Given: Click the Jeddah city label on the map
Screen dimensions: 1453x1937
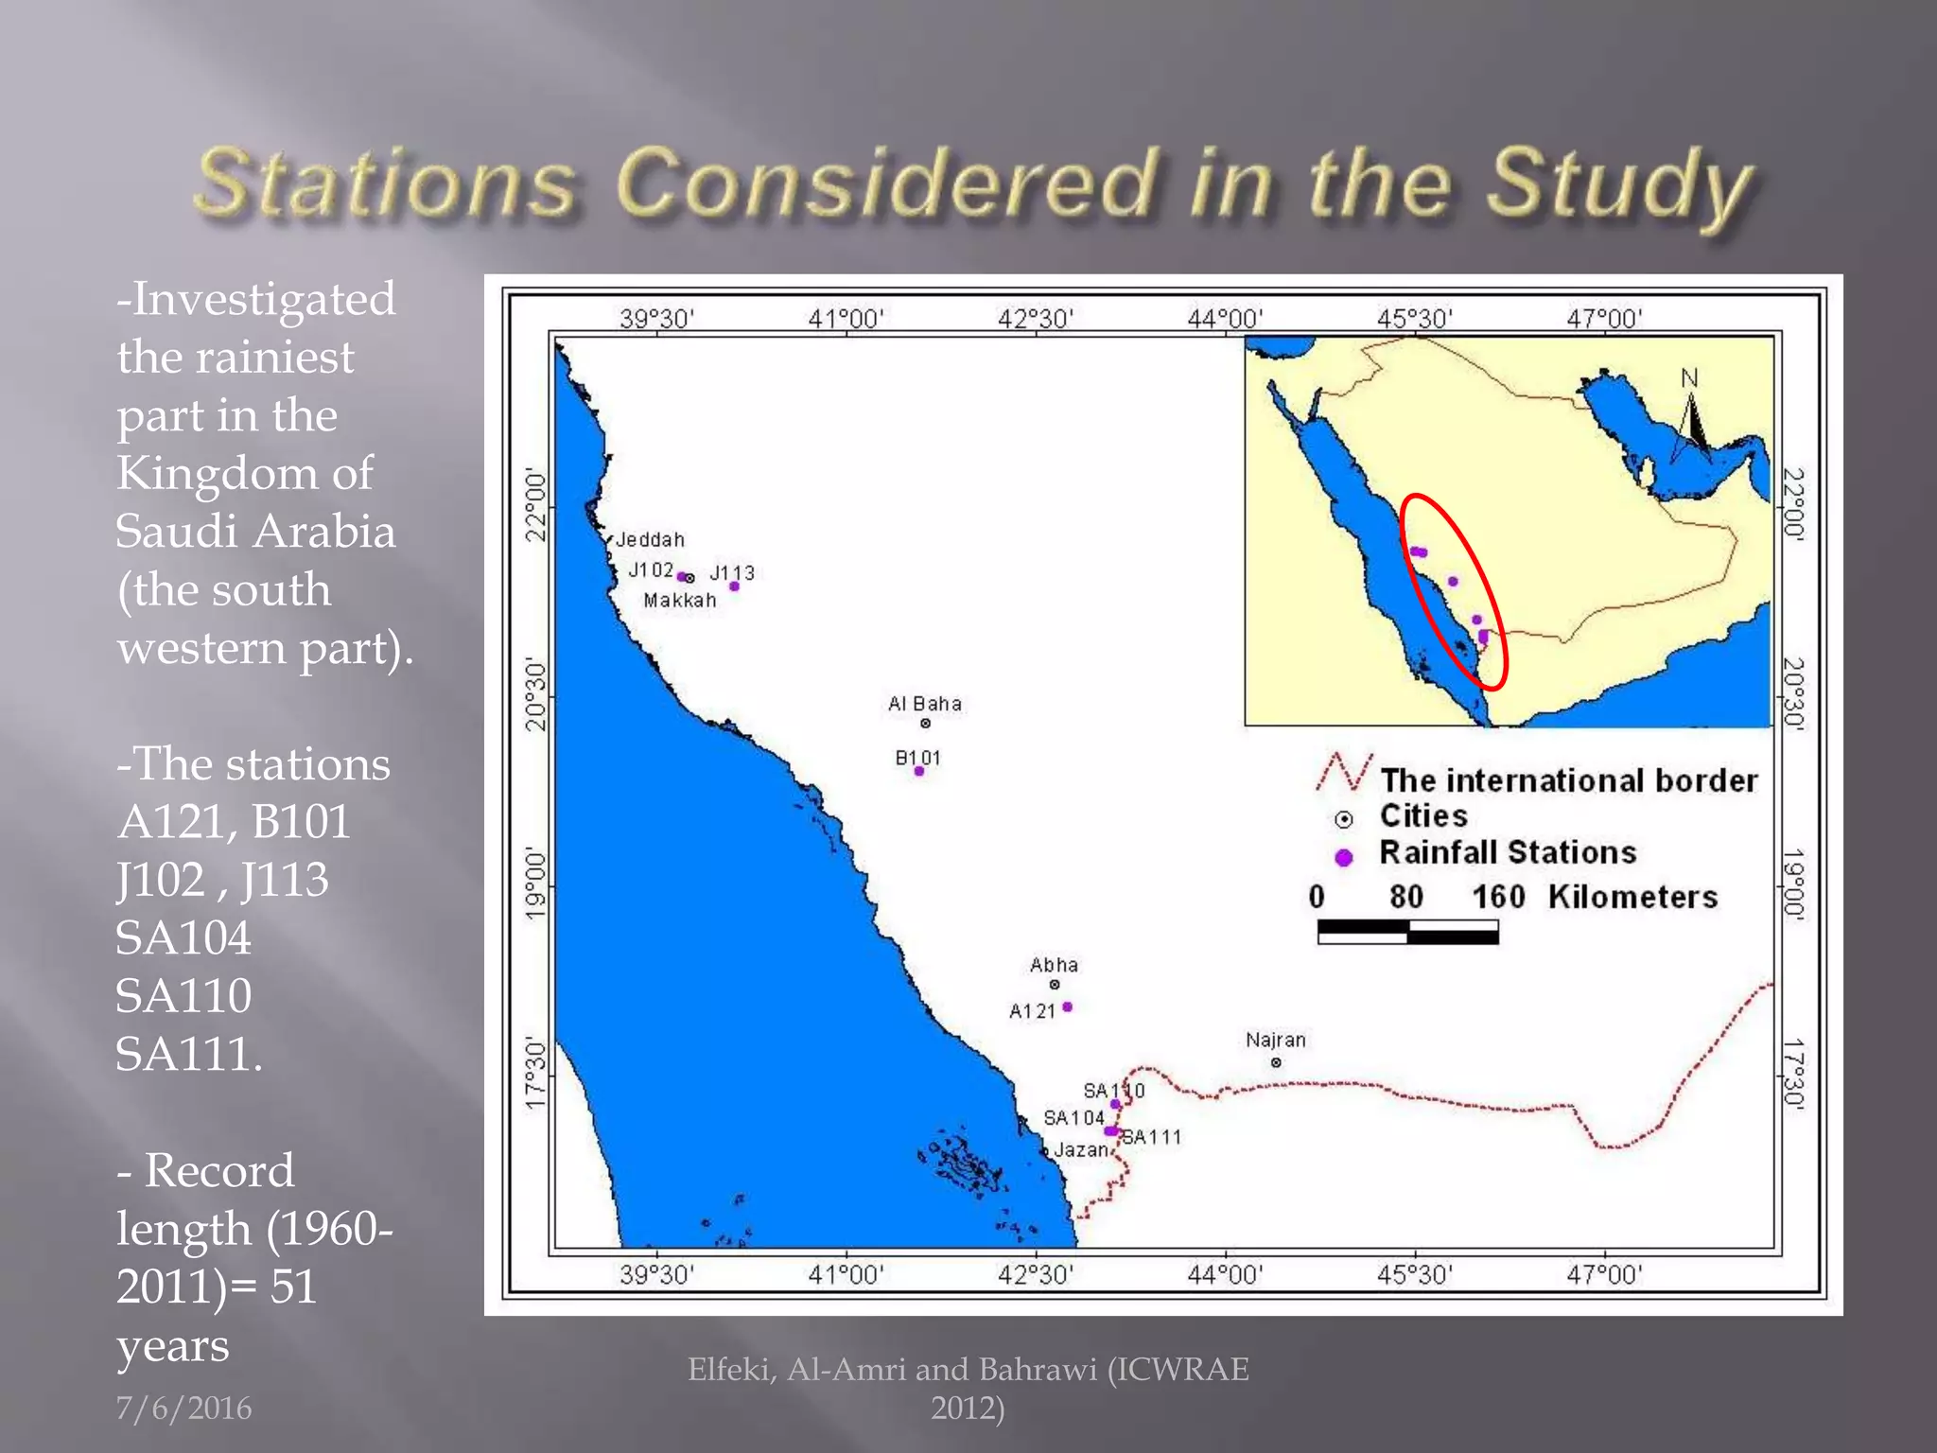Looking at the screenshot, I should pyautogui.click(x=650, y=540).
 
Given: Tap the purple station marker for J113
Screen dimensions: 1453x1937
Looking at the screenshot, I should pyautogui.click(x=734, y=586).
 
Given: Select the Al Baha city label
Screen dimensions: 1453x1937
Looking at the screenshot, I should pyautogui.click(x=924, y=704).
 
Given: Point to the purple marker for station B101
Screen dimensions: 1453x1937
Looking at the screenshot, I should pyautogui.click(x=918, y=772).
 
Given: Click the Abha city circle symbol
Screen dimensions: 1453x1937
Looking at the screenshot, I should pyautogui.click(x=1055, y=985).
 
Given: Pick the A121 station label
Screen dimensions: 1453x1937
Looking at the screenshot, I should pyautogui.click(x=1032, y=1011).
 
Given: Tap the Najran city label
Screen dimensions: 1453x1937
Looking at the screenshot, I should pyautogui.click(x=1275, y=1041).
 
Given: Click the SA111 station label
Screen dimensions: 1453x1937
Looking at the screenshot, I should pyautogui.click(x=1152, y=1137).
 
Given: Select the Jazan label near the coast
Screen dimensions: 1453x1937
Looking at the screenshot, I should pyautogui.click(x=1080, y=1150).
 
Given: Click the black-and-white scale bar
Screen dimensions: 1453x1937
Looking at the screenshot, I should pyautogui.click(x=1407, y=934).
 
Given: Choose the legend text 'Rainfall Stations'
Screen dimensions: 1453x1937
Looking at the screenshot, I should pyautogui.click(x=1508, y=852).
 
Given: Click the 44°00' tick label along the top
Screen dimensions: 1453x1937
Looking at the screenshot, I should pyautogui.click(x=1225, y=319).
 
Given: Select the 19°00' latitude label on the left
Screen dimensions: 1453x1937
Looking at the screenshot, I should pyautogui.click(x=535, y=884).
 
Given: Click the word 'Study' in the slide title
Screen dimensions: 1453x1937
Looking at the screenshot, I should pyautogui.click(x=1618, y=184).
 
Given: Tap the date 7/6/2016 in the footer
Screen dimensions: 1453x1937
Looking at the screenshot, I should pyautogui.click(x=183, y=1409).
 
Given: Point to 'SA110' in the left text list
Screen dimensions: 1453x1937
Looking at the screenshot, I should pyautogui.click(x=183, y=996).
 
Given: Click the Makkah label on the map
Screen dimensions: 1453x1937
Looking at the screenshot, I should pyautogui.click(x=680, y=601).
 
